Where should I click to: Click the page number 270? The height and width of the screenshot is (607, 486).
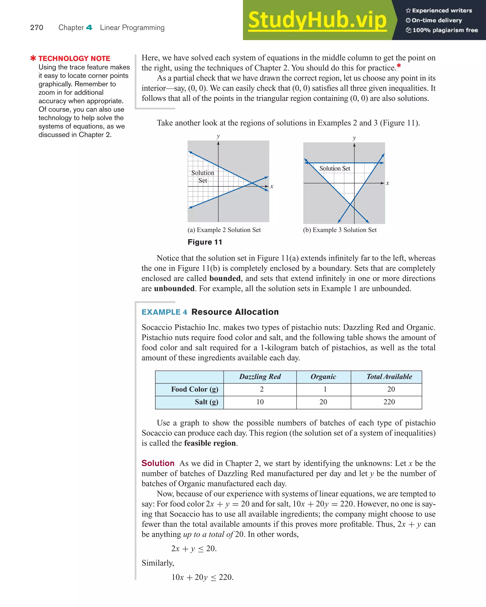[x=37, y=27]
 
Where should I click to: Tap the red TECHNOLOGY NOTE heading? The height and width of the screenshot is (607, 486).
[x=74, y=58]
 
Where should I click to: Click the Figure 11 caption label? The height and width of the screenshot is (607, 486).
[x=205, y=242]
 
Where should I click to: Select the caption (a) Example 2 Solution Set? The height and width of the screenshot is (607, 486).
[x=224, y=230]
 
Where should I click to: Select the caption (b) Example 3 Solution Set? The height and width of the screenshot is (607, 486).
[x=340, y=230]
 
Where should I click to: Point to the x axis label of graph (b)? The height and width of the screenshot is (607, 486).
[x=387, y=183]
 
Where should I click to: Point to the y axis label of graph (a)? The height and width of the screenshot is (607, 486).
[x=218, y=136]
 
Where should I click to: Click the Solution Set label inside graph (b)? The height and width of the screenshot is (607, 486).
[x=335, y=168]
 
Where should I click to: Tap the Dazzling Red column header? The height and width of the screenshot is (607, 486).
[x=260, y=377]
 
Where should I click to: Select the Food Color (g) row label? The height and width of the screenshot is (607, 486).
[x=195, y=389]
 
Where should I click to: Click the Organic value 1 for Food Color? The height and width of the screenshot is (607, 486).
[x=325, y=389]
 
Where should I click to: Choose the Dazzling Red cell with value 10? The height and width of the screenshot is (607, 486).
[x=260, y=402]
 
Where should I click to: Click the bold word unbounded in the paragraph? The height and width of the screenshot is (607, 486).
[x=174, y=289]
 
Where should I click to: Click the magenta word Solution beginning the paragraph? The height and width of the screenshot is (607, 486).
[x=158, y=463]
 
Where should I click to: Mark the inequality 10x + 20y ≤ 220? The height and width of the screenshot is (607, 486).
[x=202, y=577]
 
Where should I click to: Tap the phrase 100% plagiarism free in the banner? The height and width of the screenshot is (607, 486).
[x=445, y=30]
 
